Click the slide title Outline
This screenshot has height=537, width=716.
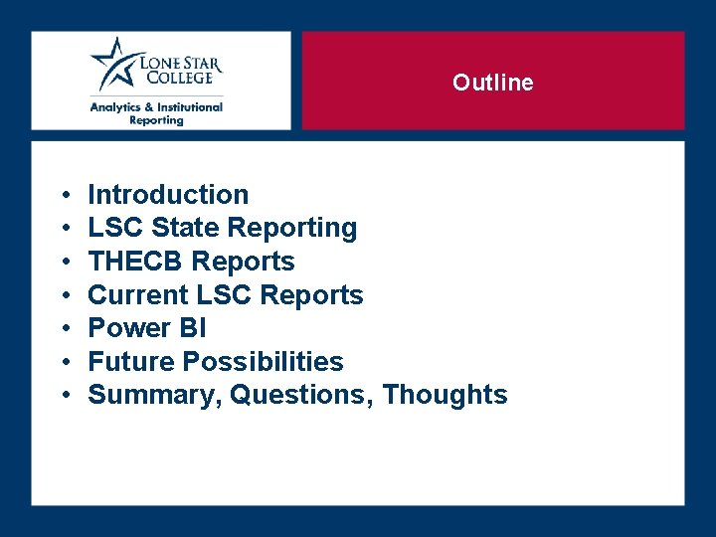492,83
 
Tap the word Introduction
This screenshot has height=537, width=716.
168,195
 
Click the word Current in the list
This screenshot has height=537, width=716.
138,295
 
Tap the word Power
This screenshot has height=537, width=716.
129,328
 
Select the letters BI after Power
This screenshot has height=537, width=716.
192,328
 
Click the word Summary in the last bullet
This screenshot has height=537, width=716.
154,395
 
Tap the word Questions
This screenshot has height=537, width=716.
301,395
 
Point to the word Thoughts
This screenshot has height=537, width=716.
445,395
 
